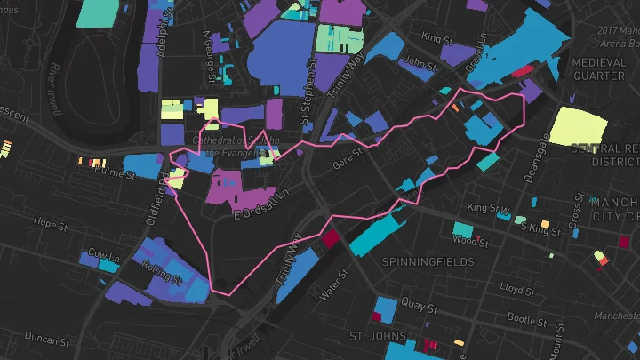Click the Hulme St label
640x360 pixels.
pos(115,175)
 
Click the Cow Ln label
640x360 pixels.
pos(103,253)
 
